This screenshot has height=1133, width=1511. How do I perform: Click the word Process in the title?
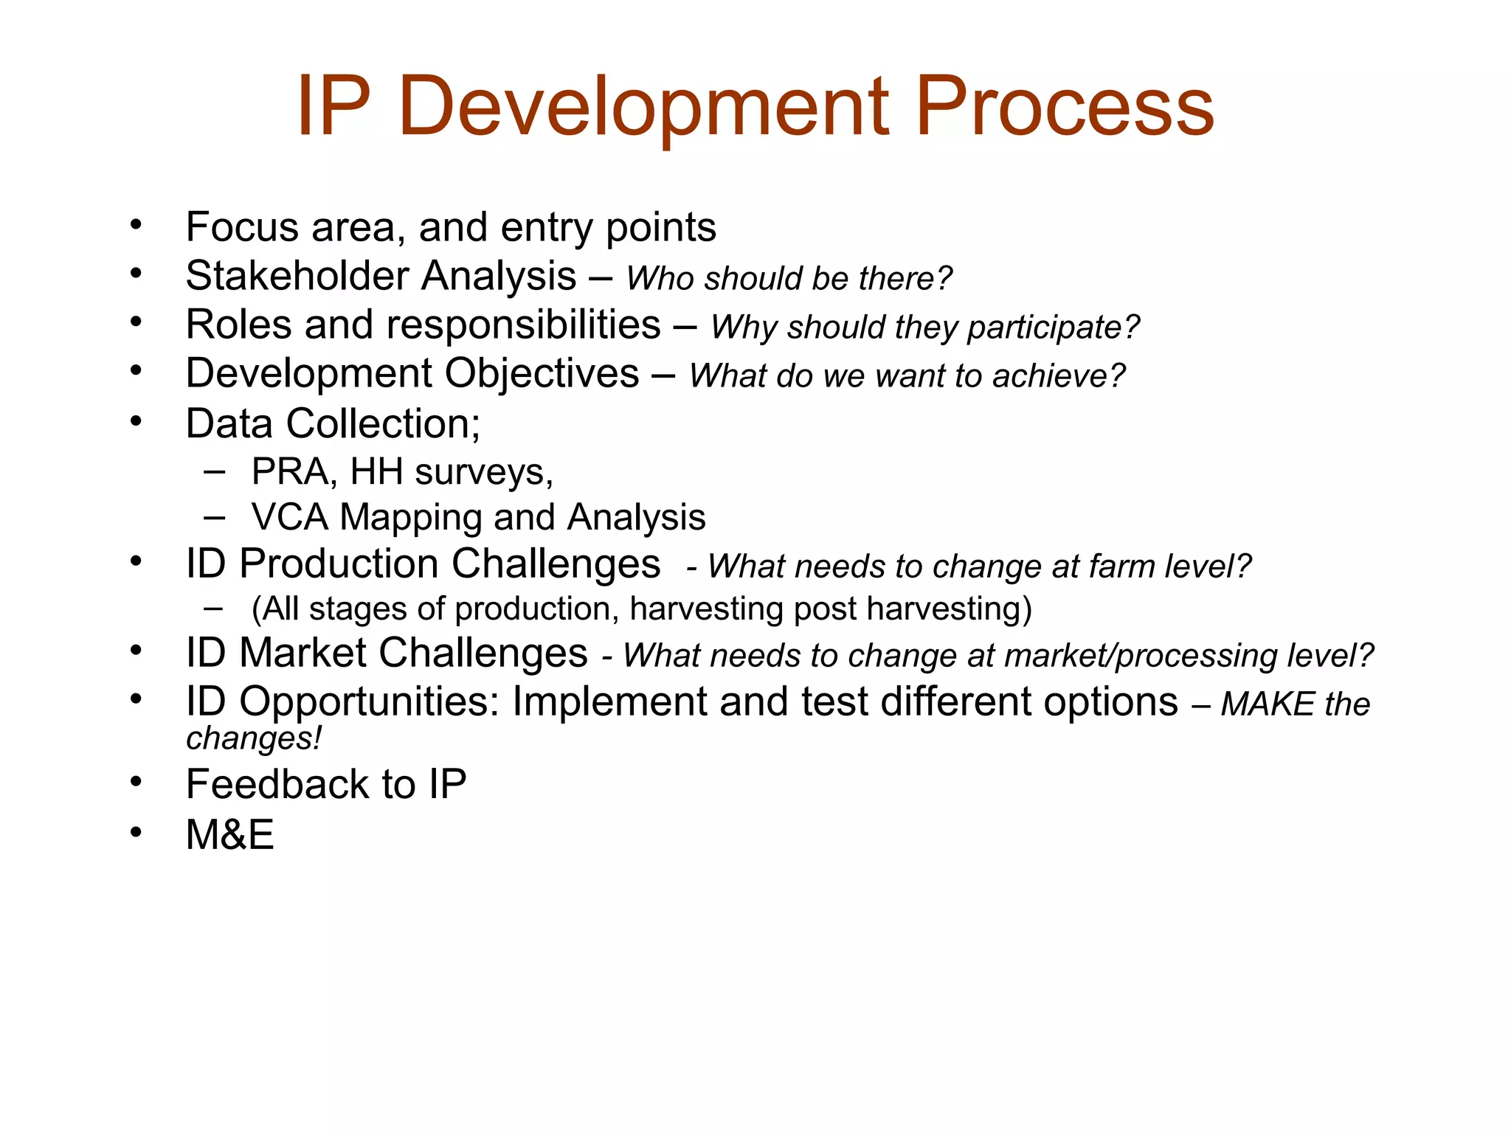coord(1064,107)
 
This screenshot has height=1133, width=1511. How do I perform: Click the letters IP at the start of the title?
coord(333,107)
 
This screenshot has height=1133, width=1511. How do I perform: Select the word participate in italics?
coord(1053,327)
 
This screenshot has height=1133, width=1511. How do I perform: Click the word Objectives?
coord(542,373)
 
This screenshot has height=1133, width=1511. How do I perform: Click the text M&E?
coord(229,835)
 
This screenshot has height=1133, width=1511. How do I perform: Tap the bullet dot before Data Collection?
coord(136,422)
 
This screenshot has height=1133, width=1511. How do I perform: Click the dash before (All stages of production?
coord(214,609)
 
